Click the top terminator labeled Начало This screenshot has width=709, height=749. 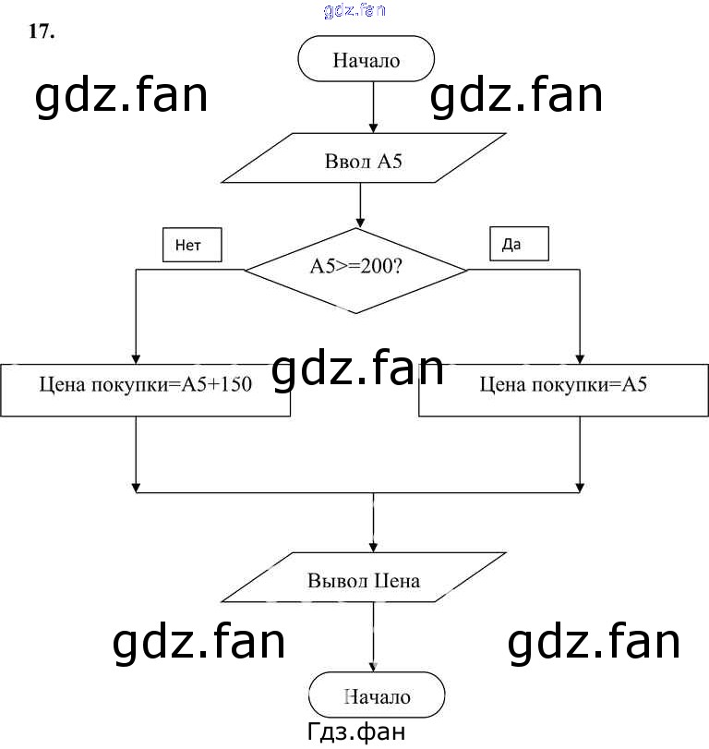point(366,61)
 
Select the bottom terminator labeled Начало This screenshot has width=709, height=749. point(377,696)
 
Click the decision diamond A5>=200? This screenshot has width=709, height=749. point(356,270)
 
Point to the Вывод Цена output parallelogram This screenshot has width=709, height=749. point(364,580)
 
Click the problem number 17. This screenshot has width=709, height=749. point(42,32)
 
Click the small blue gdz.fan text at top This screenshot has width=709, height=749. point(354,11)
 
